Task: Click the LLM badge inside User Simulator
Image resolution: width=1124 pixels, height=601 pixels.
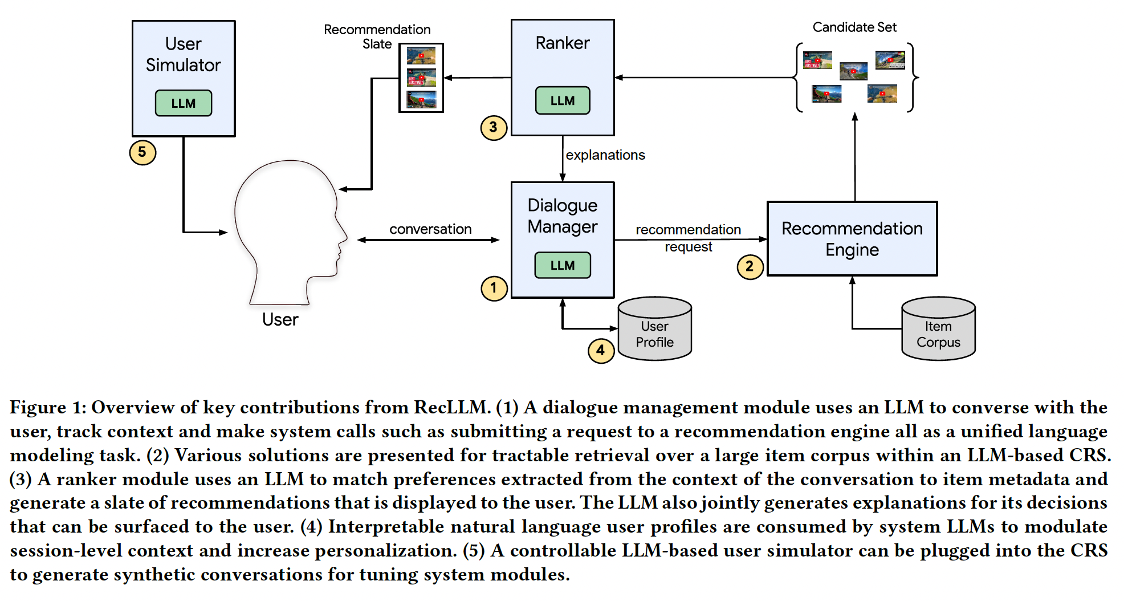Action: click(184, 103)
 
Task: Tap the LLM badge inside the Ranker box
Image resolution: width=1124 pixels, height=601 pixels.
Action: click(563, 100)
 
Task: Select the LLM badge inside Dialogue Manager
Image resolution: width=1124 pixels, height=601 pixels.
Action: click(563, 265)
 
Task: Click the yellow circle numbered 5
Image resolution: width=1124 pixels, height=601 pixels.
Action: click(142, 152)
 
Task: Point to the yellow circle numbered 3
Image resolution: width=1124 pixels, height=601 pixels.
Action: click(494, 127)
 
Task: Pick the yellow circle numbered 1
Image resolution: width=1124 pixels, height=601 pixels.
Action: click(494, 289)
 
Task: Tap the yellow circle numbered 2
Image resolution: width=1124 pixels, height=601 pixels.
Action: click(750, 266)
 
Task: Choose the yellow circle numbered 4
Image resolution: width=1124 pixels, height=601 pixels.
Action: click(601, 350)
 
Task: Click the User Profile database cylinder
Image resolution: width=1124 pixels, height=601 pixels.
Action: click(655, 328)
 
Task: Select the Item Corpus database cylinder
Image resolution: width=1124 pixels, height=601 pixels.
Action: click(938, 328)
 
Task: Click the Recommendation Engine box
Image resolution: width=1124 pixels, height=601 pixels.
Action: click(852, 239)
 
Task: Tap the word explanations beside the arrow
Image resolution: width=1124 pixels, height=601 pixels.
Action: click(605, 155)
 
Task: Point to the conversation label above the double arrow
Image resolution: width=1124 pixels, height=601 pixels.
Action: click(430, 229)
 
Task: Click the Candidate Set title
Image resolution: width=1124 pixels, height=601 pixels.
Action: click(854, 27)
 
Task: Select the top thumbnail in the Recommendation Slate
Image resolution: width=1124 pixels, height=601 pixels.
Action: click(421, 55)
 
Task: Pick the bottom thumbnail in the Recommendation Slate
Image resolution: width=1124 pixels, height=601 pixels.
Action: click(421, 99)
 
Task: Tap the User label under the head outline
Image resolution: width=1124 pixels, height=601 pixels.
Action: click(280, 319)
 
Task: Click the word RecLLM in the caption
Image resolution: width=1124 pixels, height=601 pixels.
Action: click(451, 407)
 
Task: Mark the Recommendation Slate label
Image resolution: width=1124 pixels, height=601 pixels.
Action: click(377, 36)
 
